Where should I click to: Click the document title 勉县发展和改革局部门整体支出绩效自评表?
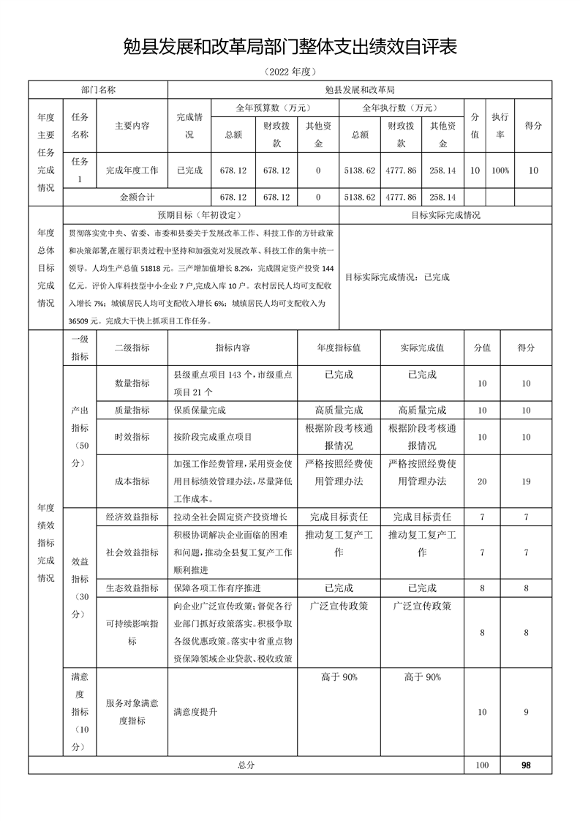point(290,48)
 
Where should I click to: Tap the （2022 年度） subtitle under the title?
point(290,72)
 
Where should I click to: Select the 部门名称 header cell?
point(98,89)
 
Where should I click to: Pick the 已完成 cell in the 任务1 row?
point(189,170)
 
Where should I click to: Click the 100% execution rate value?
point(500,170)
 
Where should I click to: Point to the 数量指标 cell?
point(132,383)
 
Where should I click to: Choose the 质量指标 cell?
point(132,410)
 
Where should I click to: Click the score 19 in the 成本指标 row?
point(526,481)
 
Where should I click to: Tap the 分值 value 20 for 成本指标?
point(482,481)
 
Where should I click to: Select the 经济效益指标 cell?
point(132,517)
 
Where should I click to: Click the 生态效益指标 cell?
point(132,588)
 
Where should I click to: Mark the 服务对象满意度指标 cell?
point(132,712)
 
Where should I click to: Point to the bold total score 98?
point(526,765)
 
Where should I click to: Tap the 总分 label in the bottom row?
point(246,765)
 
